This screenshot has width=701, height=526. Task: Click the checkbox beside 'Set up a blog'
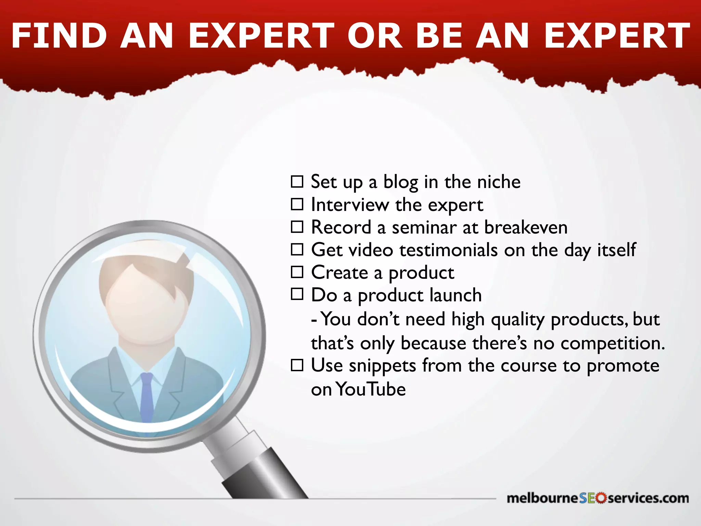(297, 181)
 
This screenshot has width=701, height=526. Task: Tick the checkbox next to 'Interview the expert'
(297, 204)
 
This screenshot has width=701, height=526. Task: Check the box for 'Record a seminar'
(297, 227)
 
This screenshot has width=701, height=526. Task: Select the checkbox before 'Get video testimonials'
(297, 249)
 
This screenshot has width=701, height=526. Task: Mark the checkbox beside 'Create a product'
(297, 272)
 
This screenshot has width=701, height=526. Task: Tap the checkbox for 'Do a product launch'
(297, 294)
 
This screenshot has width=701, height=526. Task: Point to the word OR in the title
(375, 36)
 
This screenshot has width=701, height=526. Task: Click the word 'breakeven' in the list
(526, 227)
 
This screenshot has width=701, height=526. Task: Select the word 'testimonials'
(448, 250)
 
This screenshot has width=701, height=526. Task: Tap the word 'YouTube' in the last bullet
(371, 389)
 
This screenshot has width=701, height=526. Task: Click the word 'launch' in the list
(455, 295)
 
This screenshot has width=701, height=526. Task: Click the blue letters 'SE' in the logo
(587, 498)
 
